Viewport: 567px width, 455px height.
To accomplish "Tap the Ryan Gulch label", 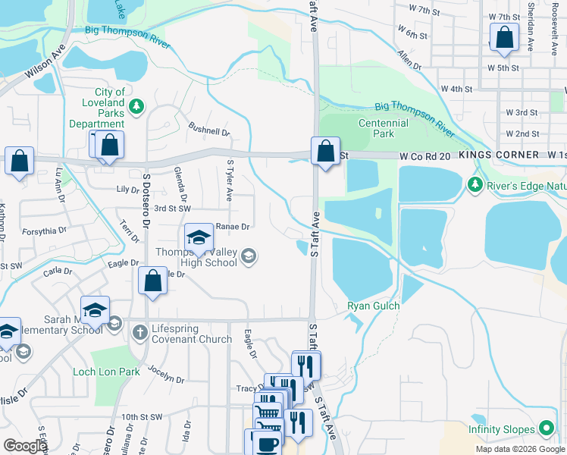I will (373, 306).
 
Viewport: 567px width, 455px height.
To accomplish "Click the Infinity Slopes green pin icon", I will (545, 429).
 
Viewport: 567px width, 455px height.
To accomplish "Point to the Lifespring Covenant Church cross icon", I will (139, 331).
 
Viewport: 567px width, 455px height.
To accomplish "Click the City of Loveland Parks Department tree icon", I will (136, 106).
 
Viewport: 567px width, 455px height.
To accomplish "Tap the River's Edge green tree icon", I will (475, 184).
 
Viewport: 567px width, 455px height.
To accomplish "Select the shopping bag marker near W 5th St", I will (504, 38).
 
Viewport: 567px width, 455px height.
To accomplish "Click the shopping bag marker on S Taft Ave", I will (326, 151).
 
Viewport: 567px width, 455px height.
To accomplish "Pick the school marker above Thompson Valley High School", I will (199, 237).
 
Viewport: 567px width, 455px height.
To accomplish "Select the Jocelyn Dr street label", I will (166, 374).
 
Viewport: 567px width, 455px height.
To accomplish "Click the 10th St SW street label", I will (142, 417).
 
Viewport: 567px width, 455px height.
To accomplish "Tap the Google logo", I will (25, 446).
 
